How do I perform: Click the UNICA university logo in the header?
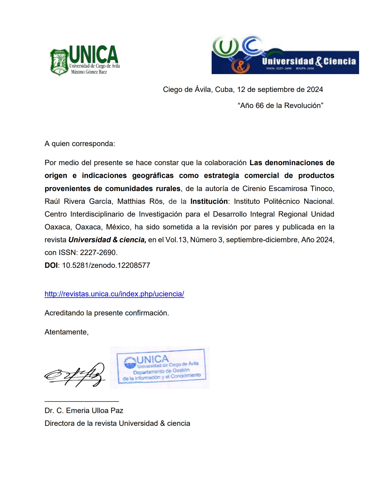pyautogui.click(x=85, y=60)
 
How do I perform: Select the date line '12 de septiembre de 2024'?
pyautogui.click(x=280, y=90)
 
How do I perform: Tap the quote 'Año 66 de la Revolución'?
pyautogui.click(x=280, y=106)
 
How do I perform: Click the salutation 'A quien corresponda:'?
pyautogui.click(x=80, y=144)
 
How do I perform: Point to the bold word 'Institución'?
pyautogui.click(x=209, y=201)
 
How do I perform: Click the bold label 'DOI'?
pyautogui.click(x=51, y=265)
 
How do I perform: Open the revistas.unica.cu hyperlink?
pyautogui.click(x=114, y=294)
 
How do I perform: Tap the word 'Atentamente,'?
pyautogui.click(x=67, y=332)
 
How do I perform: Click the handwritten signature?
pyautogui.click(x=75, y=375)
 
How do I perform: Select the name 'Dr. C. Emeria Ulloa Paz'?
pyautogui.click(x=84, y=411)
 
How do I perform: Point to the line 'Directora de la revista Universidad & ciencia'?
pyautogui.click(x=117, y=423)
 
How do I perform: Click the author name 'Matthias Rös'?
pyautogui.click(x=140, y=201)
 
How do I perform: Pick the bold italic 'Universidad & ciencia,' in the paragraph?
pyautogui.click(x=107, y=240)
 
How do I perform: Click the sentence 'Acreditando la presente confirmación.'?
pyautogui.click(x=107, y=313)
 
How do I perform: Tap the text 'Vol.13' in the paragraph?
pyautogui.click(x=176, y=240)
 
